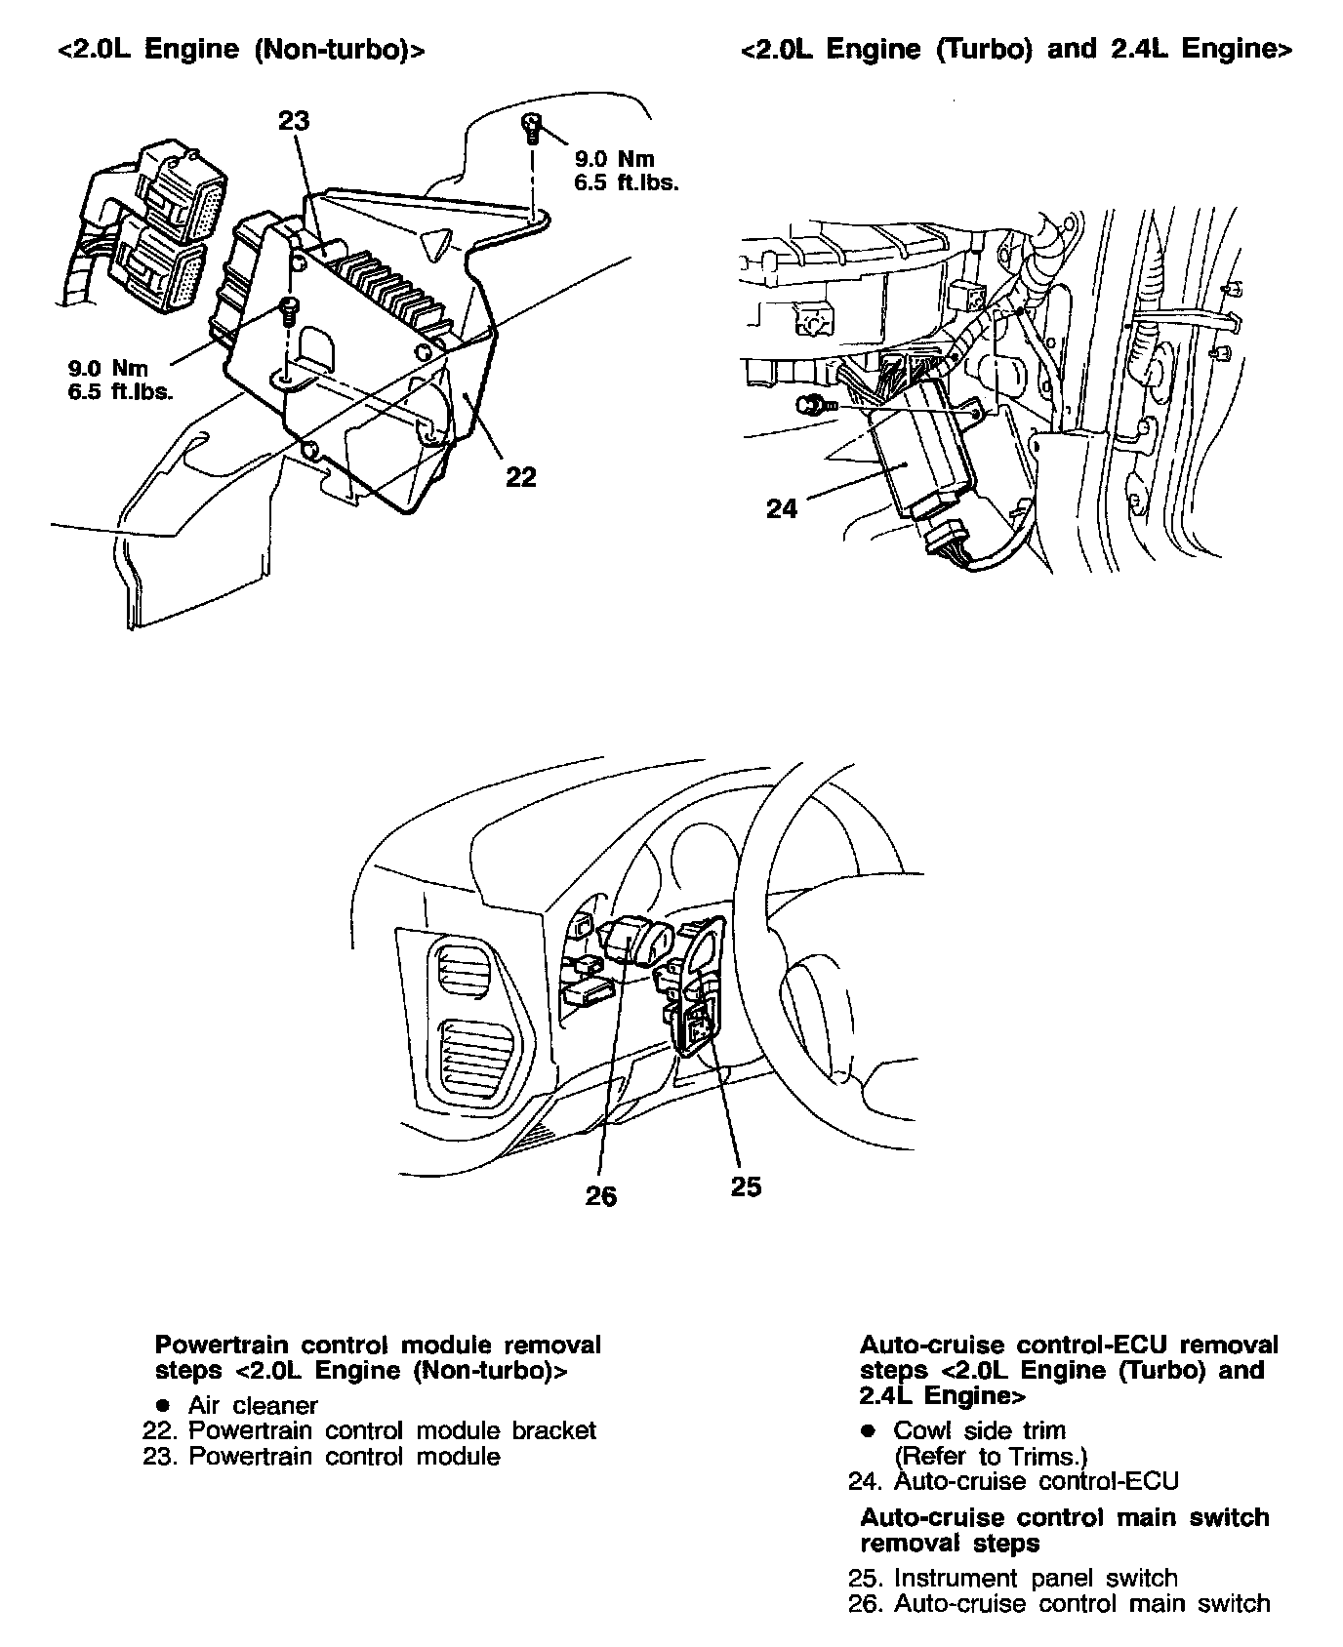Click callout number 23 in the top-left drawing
click(294, 120)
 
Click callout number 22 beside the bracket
click(521, 477)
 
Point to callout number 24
click(782, 507)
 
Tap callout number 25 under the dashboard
click(746, 1187)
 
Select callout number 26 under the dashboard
click(601, 1196)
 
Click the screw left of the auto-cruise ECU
click(809, 405)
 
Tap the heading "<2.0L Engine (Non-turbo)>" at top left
click(240, 51)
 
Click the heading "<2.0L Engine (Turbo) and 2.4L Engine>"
click(1016, 51)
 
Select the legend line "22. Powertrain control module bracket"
click(369, 1430)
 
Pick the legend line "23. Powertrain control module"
click(321, 1457)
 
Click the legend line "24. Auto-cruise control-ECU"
click(1013, 1481)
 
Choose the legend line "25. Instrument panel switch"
click(1013, 1578)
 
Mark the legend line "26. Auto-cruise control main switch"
click(1059, 1603)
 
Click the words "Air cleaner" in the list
click(253, 1405)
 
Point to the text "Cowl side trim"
click(979, 1430)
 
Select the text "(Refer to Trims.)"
click(990, 1457)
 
